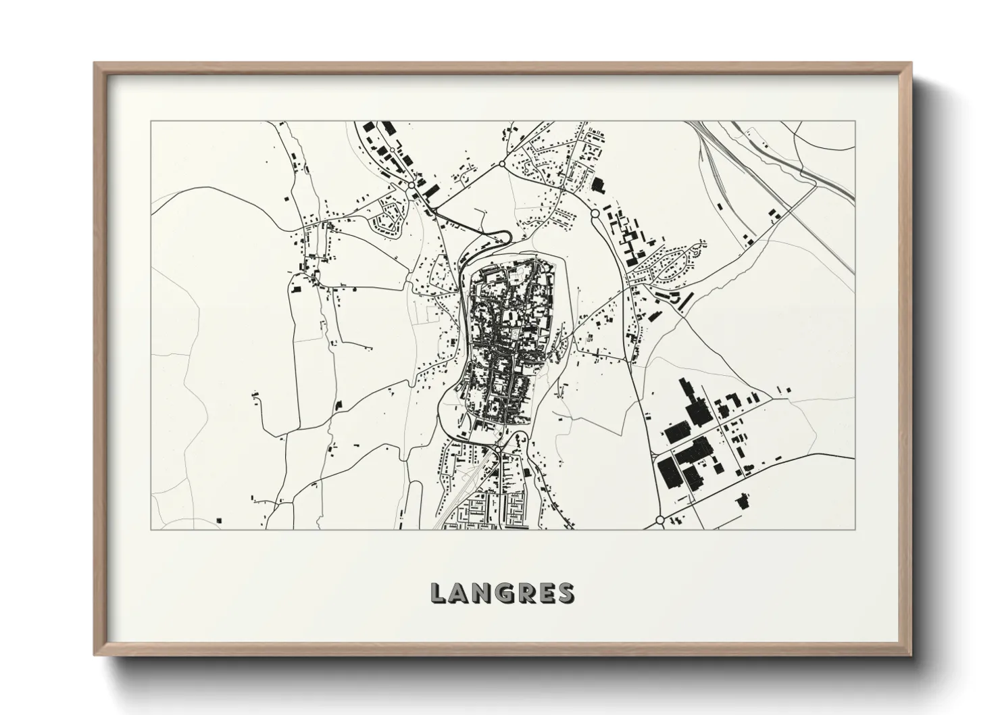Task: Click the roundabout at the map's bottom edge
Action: (x=659, y=521)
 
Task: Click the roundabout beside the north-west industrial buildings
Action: (x=411, y=184)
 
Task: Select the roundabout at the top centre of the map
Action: (x=502, y=164)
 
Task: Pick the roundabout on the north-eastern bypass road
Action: (x=595, y=214)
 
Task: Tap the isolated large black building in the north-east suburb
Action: (x=597, y=184)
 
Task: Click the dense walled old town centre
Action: (x=507, y=338)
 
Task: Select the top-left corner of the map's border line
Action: (x=151, y=122)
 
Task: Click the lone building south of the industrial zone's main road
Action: (x=743, y=501)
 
